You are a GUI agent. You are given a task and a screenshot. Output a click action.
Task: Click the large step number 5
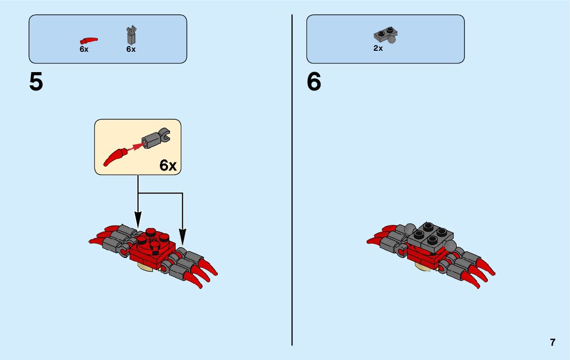(36, 82)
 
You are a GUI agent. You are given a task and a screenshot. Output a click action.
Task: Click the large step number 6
(314, 82)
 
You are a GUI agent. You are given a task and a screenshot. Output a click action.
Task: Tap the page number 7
(552, 342)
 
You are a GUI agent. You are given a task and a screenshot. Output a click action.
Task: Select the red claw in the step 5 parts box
(88, 40)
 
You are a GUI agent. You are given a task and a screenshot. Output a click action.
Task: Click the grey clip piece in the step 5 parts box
(131, 35)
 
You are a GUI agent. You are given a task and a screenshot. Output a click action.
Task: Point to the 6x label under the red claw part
(84, 50)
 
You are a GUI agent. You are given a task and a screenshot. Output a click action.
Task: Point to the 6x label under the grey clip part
(131, 50)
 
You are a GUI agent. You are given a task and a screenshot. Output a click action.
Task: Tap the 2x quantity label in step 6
(378, 49)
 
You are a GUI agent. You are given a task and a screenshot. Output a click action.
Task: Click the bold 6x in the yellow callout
(168, 165)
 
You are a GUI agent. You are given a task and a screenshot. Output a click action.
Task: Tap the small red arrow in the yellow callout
(134, 147)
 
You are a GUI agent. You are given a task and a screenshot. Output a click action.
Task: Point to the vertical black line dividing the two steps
(292, 203)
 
